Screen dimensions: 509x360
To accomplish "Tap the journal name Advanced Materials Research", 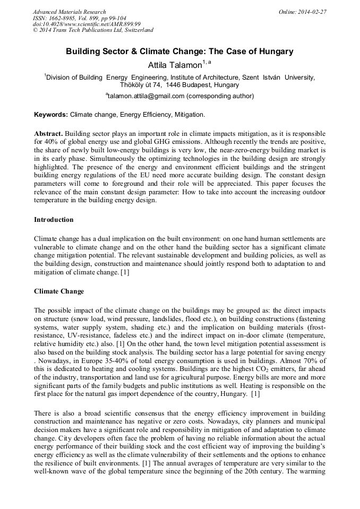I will pyautogui.click(x=70, y=12).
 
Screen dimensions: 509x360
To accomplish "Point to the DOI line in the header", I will pyautogui.click(x=87, y=24).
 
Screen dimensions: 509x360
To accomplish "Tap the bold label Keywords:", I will pyautogui.click(x=51, y=114).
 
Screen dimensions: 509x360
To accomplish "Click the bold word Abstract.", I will pyautogui.click(x=49, y=133).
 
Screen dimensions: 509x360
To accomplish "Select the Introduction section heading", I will pyautogui.click(x=54, y=219).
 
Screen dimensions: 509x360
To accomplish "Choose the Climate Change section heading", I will pyautogui.click(x=58, y=291).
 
